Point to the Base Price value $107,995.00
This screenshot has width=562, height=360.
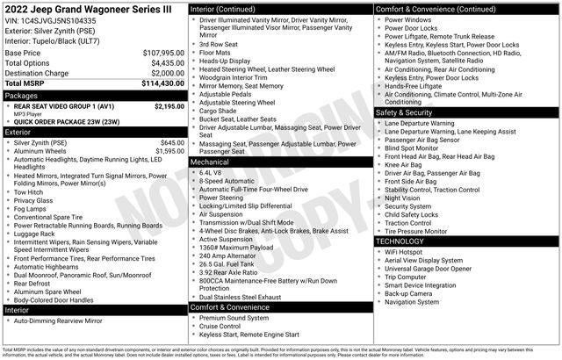(x=163, y=53)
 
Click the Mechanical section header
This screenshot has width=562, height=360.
(x=210, y=162)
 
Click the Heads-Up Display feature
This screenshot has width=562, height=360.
(x=226, y=61)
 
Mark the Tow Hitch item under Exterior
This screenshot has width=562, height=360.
(x=29, y=191)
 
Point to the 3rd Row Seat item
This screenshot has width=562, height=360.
(x=219, y=43)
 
